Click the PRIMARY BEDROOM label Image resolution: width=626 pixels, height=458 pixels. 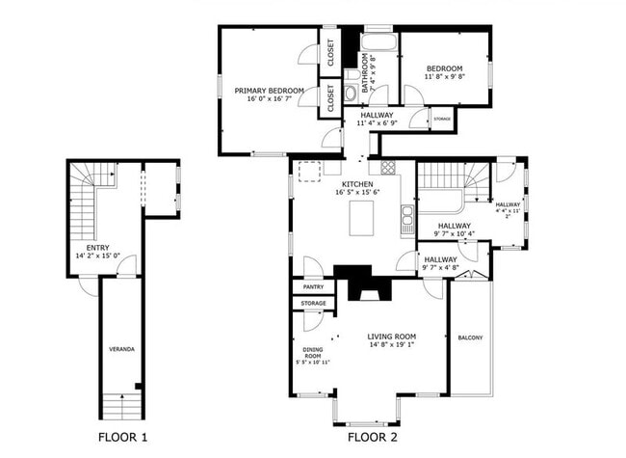point(269,91)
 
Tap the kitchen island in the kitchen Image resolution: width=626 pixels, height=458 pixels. point(361,214)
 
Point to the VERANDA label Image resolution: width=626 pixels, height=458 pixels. point(120,348)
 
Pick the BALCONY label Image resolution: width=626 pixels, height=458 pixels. point(470,337)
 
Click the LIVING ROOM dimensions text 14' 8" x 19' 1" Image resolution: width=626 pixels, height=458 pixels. point(392,344)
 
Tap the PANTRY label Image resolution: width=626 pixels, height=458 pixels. point(312,286)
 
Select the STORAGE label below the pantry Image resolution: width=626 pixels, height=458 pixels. point(312,303)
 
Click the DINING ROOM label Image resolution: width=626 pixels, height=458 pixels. point(312,355)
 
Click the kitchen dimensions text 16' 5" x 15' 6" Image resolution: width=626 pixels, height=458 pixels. point(357,192)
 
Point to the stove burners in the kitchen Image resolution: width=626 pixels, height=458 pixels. point(387,167)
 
